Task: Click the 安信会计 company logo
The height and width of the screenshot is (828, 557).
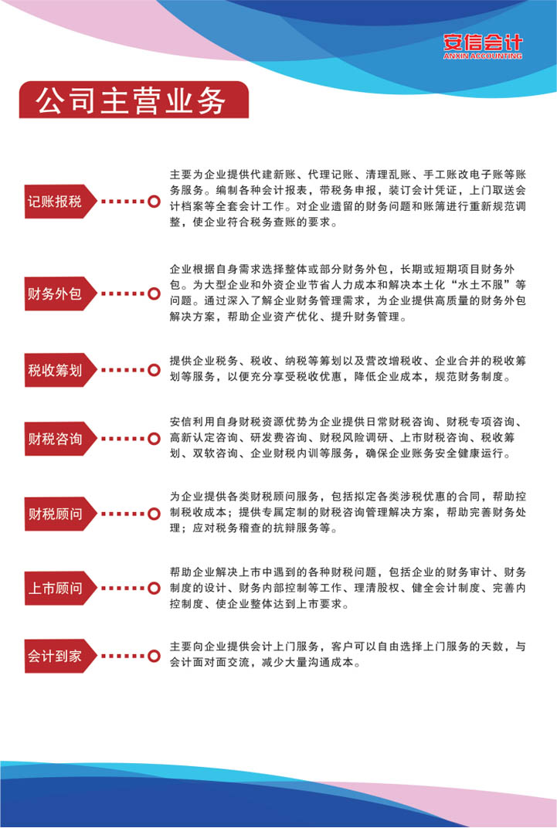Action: pyautogui.click(x=483, y=46)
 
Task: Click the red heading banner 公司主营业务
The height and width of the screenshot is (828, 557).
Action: pyautogui.click(x=134, y=100)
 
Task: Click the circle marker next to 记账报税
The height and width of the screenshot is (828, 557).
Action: pyautogui.click(x=154, y=201)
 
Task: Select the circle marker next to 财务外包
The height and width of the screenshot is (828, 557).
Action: pyautogui.click(x=154, y=294)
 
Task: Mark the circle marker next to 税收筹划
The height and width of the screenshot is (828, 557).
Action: pyautogui.click(x=154, y=370)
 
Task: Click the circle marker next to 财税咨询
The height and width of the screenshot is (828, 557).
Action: pyautogui.click(x=154, y=439)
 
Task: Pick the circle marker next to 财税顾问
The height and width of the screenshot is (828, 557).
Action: pyautogui.click(x=154, y=514)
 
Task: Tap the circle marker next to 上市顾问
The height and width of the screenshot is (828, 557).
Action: pyautogui.click(x=154, y=589)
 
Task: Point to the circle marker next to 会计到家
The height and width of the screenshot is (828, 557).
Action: pyautogui.click(x=154, y=657)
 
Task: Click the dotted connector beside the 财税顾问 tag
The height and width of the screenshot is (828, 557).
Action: pyautogui.click(x=123, y=514)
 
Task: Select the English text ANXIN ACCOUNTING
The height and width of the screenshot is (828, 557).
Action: pyautogui.click(x=483, y=56)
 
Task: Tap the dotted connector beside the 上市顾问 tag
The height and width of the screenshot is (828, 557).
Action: pyautogui.click(x=123, y=589)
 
